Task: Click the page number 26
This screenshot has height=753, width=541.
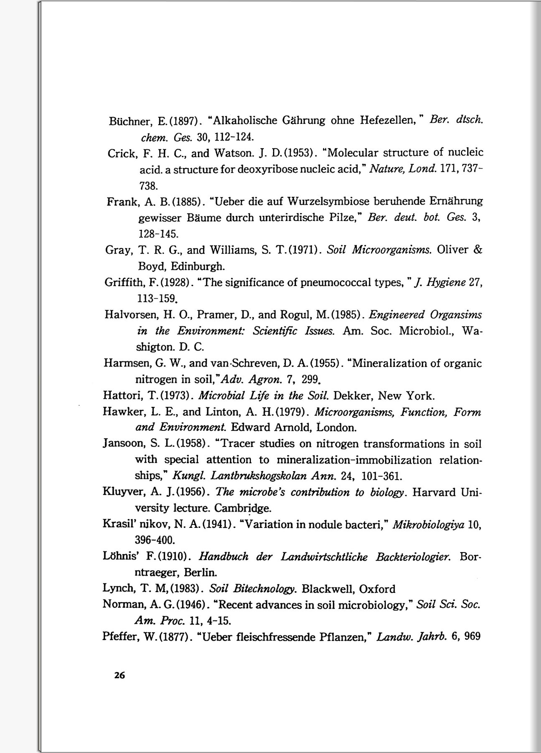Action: pyautogui.click(x=119, y=675)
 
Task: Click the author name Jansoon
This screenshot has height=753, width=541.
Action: pyautogui.click(x=121, y=444)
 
